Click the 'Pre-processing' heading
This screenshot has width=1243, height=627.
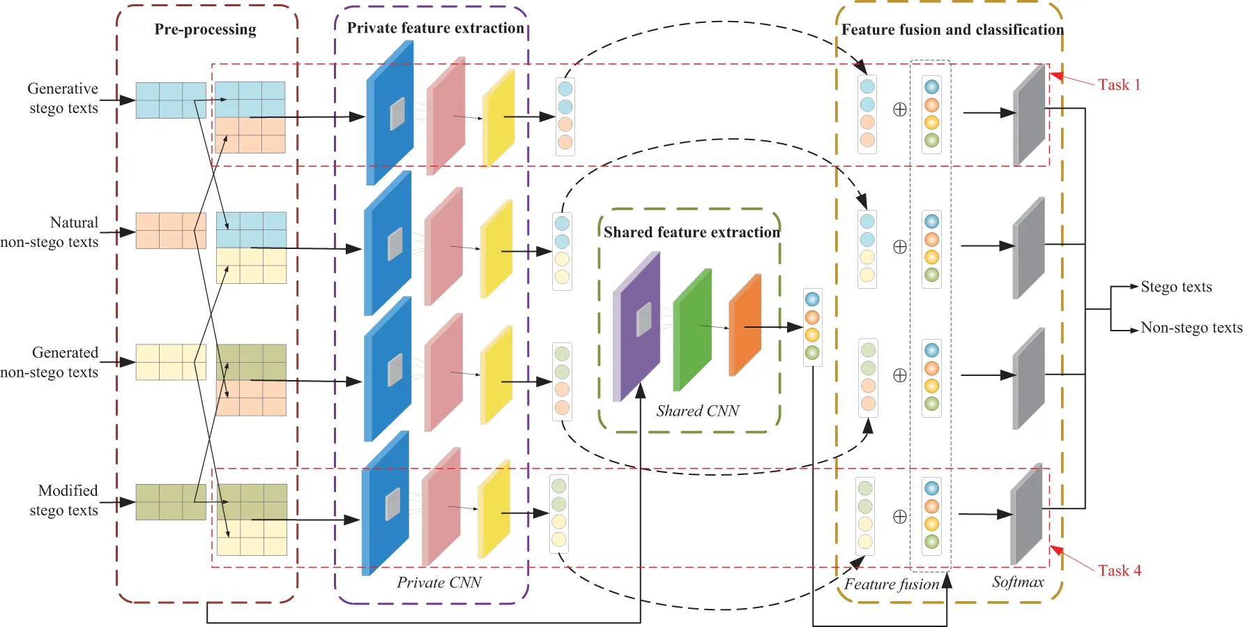coord(205,29)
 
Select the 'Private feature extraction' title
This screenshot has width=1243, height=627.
coord(435,28)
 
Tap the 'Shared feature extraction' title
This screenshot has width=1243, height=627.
coord(692,232)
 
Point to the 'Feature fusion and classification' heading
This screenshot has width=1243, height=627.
coord(952,29)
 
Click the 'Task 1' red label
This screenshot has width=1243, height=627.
coord(1119,85)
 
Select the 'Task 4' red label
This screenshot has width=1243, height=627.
coord(1119,571)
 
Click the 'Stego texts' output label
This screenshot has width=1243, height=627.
coord(1176,287)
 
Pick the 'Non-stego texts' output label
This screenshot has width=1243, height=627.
coord(1191,328)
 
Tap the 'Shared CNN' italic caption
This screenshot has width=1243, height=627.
coord(697,411)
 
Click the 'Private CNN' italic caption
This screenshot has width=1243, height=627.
coord(439,582)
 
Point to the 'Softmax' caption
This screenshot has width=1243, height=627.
coord(1018,582)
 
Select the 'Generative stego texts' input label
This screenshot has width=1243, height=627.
coord(63,98)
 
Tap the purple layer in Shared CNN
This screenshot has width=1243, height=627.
coord(636,328)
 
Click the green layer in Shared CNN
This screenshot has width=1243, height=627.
coord(692,330)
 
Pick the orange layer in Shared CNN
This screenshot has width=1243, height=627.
coord(745,325)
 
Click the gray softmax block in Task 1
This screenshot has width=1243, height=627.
coord(1029,115)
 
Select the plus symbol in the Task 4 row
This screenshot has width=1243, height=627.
coord(900,517)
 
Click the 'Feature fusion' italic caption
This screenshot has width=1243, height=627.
coord(892,584)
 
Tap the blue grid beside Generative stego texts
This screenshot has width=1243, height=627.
coord(170,100)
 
